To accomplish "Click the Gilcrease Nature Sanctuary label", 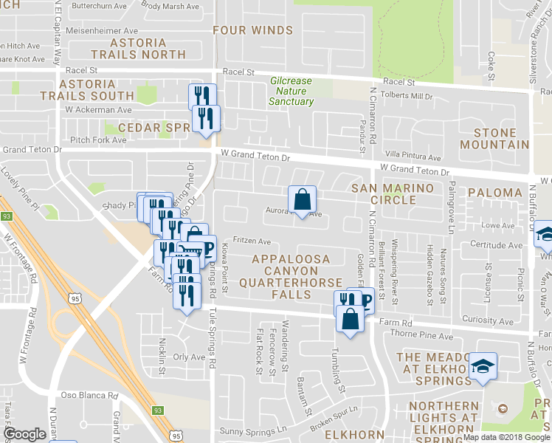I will tap(291, 91).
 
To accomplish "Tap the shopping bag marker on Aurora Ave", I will tap(302, 200).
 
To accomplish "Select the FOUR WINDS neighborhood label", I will tap(252, 30).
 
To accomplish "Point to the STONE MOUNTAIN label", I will tap(495, 139).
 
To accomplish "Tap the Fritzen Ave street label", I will tap(252, 241).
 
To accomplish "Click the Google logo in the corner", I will tap(25, 434).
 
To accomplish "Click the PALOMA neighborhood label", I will tap(494, 193).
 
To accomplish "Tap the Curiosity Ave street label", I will tap(487, 320).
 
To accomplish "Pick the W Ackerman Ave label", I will tap(98, 109).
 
